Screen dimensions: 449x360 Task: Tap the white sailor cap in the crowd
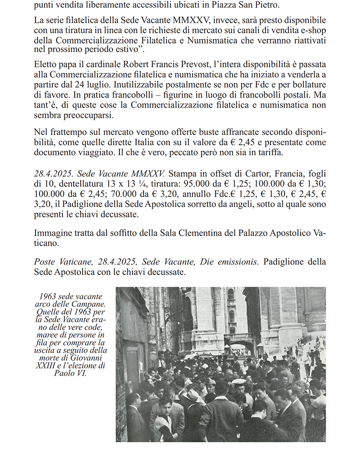coord(239,382)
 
